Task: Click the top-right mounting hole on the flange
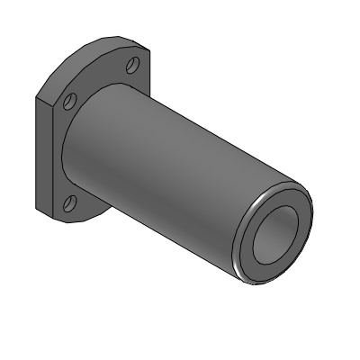(132, 65)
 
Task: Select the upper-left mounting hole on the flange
(72, 101)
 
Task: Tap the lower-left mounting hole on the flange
(71, 201)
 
